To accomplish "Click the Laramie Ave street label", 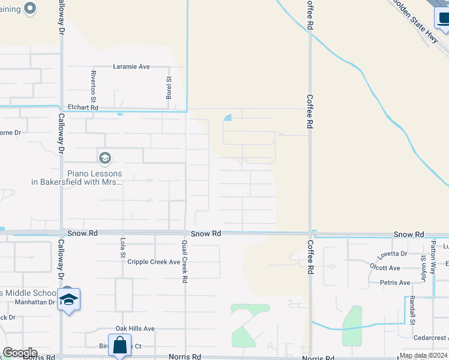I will (x=131, y=67).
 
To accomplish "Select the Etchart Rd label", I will (x=82, y=107).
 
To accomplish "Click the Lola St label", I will (x=122, y=248).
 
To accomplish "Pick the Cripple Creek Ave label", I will (x=154, y=262).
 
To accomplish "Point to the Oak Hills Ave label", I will (x=135, y=329).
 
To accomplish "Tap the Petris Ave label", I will (x=395, y=283).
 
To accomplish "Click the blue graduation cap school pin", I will (x=68, y=299).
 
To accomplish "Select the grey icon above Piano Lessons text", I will (x=104, y=158).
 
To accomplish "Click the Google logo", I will (x=19, y=353).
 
